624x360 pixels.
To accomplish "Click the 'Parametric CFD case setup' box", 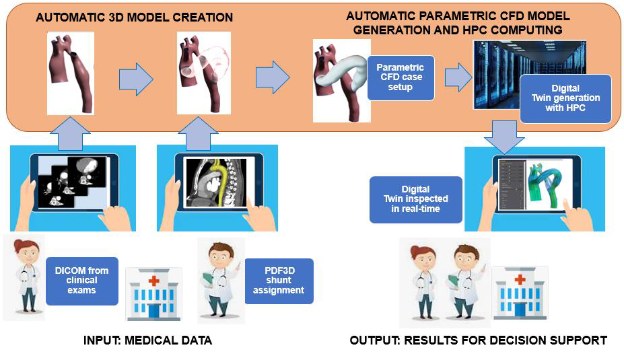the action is tap(401, 77).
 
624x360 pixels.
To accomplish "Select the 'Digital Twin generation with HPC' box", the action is tap(565, 98).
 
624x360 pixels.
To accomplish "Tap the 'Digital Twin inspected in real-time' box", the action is tap(416, 199).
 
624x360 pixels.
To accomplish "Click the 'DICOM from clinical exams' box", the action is tap(82, 281).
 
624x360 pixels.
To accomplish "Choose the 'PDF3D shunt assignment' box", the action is tap(279, 281).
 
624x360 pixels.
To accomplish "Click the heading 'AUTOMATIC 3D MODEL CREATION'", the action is tap(135, 17).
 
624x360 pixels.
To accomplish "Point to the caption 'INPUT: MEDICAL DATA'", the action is tap(147, 340).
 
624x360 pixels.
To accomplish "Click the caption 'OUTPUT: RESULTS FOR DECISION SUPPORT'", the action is tap(479, 340).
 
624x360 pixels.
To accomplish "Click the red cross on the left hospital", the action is tap(153, 281).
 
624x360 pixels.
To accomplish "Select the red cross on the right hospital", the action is tap(520, 280).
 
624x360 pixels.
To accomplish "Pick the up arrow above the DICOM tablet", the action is tap(70, 134).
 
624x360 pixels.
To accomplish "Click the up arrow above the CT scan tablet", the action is tap(198, 134).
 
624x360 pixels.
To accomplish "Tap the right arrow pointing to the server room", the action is tap(458, 77).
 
